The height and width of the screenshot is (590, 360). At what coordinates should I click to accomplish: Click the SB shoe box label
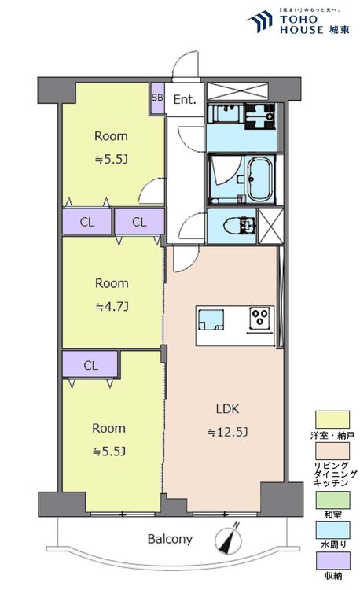coord(157,97)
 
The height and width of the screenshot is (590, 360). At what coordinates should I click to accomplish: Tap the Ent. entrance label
coord(185,100)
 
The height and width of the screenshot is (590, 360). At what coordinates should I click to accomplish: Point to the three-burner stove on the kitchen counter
coord(260,317)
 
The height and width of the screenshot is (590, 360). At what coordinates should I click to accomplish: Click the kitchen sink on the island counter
coord(211,320)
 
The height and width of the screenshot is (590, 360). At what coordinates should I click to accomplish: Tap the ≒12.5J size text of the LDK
coord(228,432)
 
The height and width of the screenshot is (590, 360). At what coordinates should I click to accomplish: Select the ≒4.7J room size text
coord(112,307)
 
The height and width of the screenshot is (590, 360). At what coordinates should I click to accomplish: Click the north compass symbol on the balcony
coord(229,538)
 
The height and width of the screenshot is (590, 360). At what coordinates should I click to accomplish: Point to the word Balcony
coord(170,539)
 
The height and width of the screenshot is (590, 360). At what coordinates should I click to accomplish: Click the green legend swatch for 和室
coord(332,500)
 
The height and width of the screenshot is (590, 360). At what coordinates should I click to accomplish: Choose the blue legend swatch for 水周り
coord(332,529)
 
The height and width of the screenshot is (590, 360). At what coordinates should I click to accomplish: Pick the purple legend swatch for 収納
coord(332,561)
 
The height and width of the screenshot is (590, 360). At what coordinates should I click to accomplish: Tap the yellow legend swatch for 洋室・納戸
coord(332,419)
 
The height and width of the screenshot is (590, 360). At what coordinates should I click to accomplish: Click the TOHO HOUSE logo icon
coord(260,20)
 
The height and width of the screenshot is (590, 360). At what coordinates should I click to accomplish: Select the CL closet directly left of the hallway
coord(139,222)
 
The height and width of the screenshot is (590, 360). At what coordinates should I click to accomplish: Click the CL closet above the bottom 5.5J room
coord(90,364)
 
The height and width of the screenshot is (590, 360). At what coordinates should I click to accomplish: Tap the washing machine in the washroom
coord(259,116)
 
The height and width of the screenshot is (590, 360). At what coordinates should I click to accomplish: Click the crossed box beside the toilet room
coord(271,226)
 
